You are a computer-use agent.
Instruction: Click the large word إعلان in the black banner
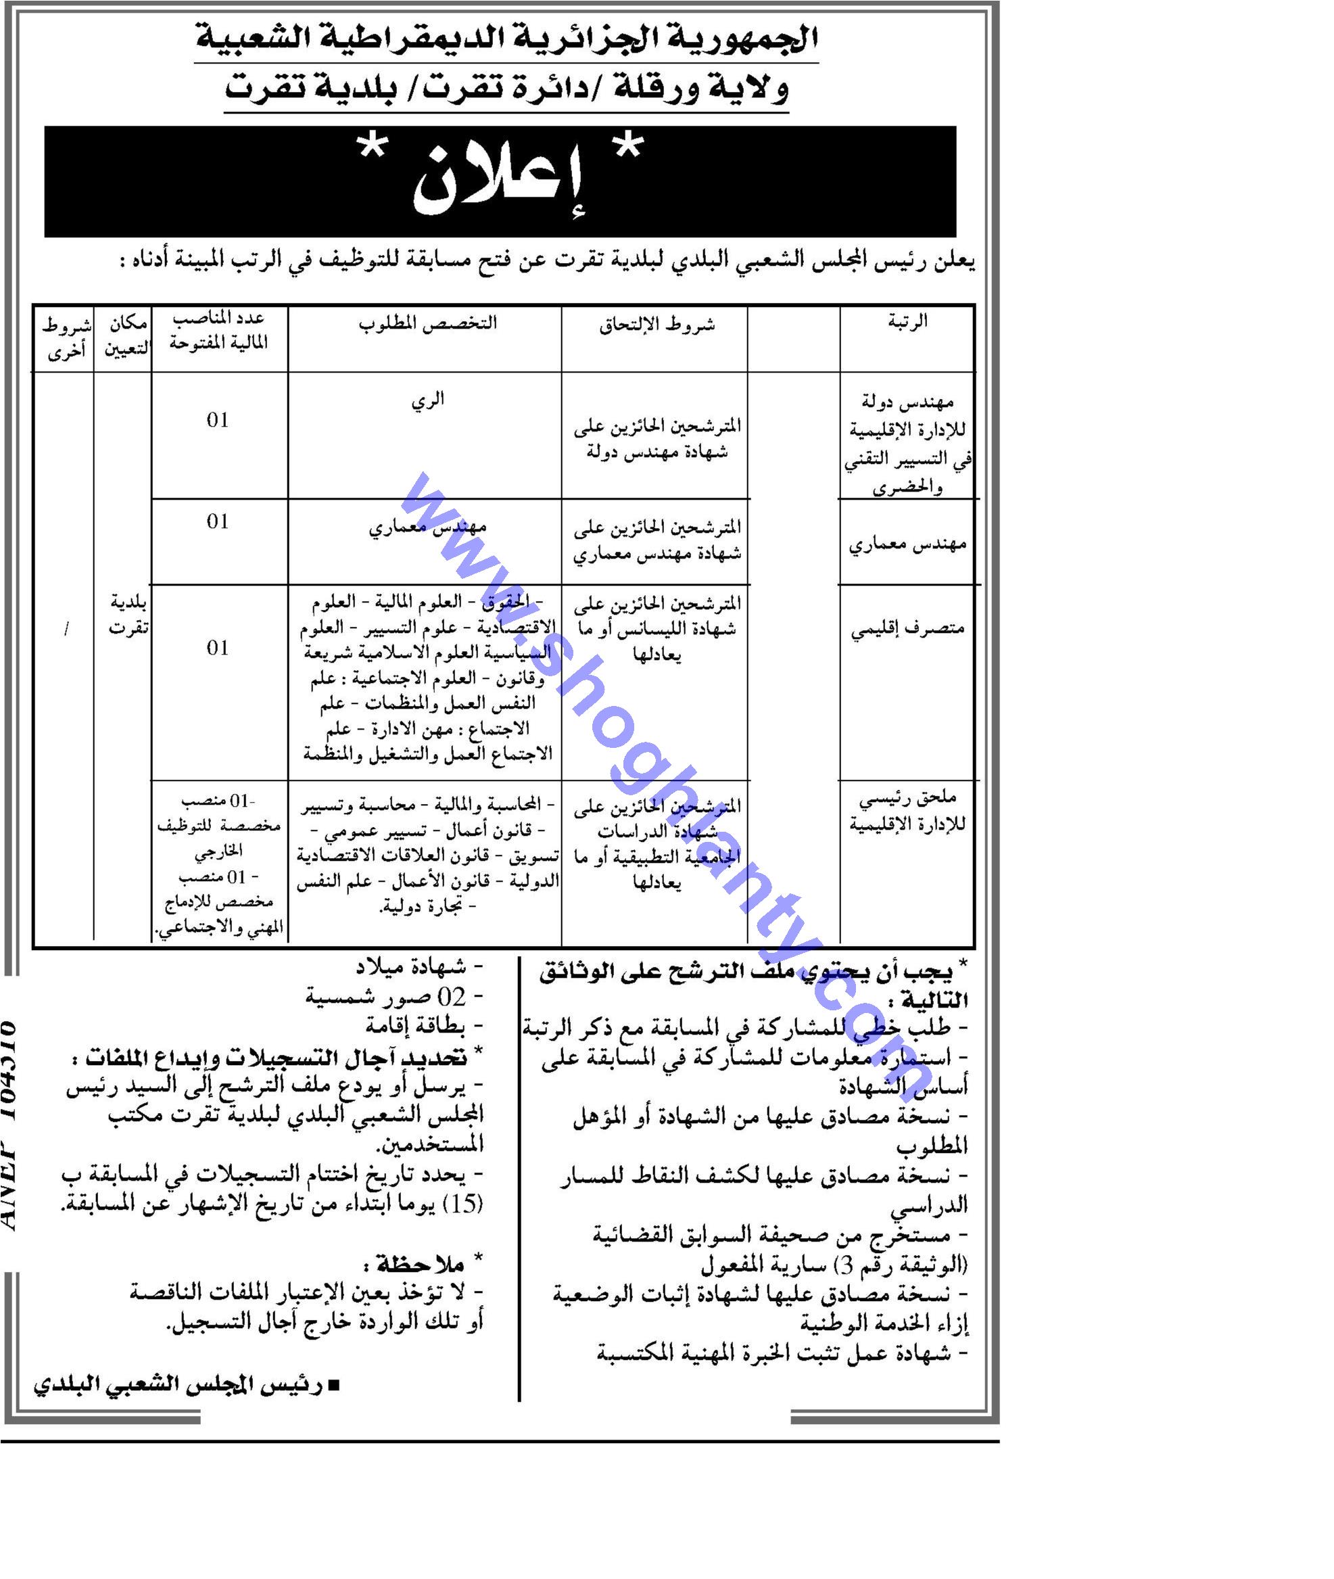[x=498, y=183]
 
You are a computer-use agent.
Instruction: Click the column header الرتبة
[x=907, y=322]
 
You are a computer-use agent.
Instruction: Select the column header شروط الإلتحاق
[x=657, y=325]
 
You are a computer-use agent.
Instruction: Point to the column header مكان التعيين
[x=126, y=337]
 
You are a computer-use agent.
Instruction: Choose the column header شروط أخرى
[x=66, y=338]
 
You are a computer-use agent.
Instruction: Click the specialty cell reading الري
[x=427, y=400]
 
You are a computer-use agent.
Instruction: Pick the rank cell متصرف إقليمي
[x=907, y=629]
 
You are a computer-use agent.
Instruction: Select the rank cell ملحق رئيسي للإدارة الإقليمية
[x=907, y=811]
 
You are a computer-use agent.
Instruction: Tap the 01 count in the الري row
[x=218, y=421]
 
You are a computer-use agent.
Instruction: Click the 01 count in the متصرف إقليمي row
[x=218, y=648]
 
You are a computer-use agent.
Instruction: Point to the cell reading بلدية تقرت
[x=128, y=615]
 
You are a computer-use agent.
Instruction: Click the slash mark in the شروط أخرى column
[x=66, y=629]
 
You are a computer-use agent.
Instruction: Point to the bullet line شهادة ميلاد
[x=419, y=967]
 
